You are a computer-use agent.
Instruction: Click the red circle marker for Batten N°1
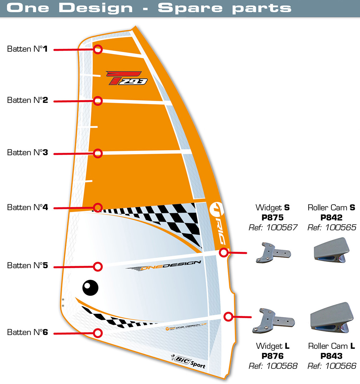[x=98, y=49]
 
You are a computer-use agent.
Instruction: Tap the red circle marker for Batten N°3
[x=98, y=153]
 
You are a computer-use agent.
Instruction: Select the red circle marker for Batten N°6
[x=98, y=333]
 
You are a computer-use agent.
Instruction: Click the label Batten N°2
[x=28, y=100]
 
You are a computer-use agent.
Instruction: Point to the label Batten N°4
[x=28, y=207]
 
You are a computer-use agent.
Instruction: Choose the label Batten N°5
[x=28, y=265]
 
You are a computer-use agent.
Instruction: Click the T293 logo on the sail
[x=127, y=78]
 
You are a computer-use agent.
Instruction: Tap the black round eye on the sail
[x=90, y=288]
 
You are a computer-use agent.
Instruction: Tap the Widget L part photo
[x=273, y=321]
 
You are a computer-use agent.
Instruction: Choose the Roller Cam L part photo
[x=330, y=318]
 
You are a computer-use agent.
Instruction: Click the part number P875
[x=272, y=217]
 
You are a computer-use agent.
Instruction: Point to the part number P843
[x=332, y=356]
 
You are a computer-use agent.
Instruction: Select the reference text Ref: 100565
[x=332, y=228]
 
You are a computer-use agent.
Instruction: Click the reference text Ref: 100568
[x=273, y=366]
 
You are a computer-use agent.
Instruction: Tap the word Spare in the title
[x=190, y=8]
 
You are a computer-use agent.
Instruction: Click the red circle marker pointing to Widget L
[x=228, y=317]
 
